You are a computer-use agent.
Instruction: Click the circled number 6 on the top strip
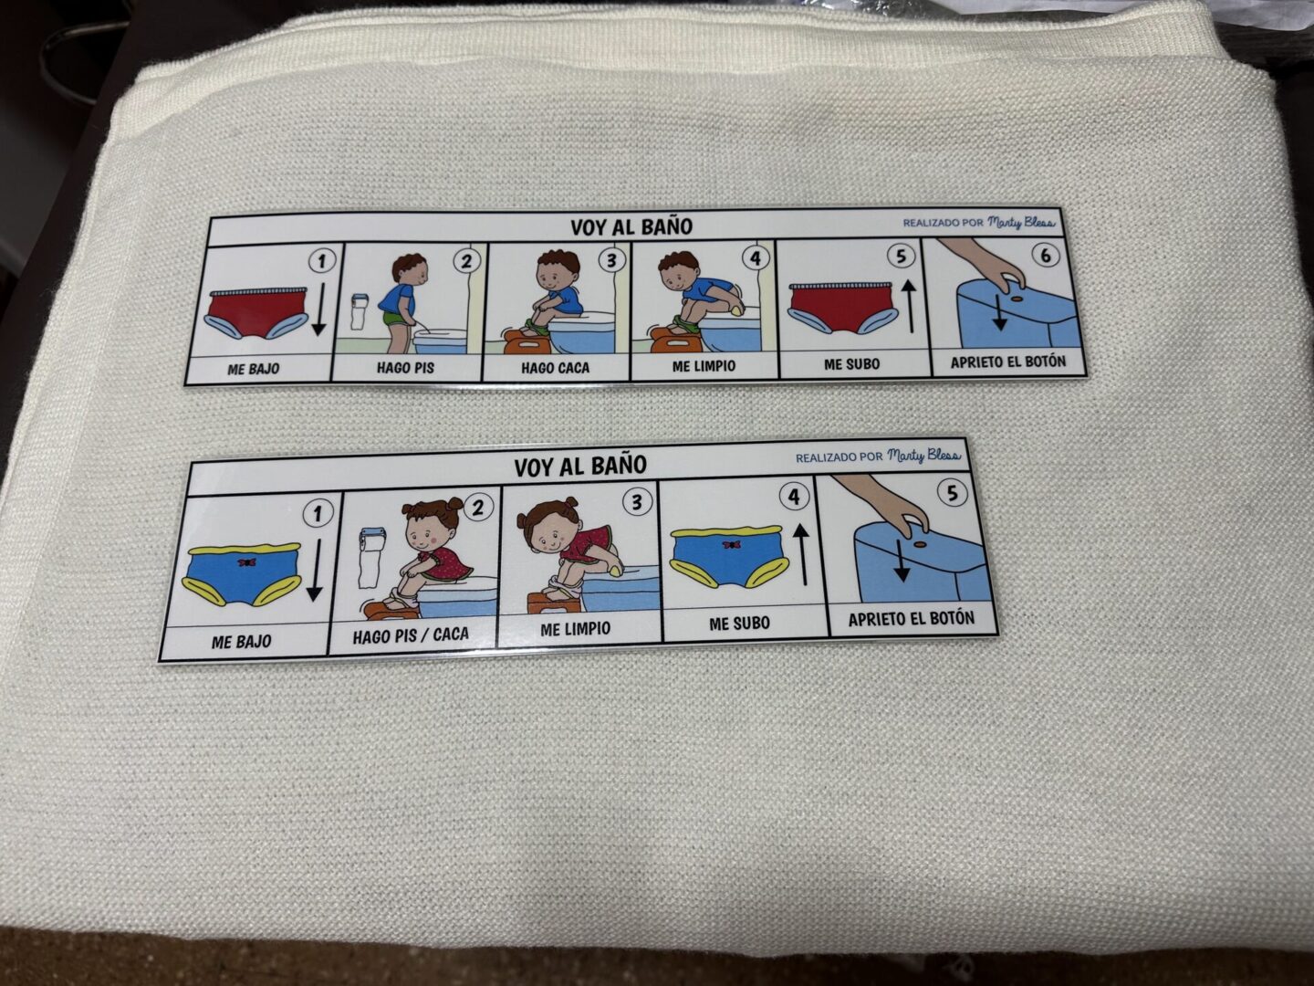1045,256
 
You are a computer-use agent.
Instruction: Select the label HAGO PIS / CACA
411,635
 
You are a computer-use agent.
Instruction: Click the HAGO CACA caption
555,368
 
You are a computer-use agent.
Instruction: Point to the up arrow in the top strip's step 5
911,307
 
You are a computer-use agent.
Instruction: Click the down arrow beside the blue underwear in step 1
314,570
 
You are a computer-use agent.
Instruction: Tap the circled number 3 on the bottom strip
637,502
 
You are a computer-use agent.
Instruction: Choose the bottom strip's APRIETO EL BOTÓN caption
911,619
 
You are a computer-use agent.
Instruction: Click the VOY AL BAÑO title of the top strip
631,227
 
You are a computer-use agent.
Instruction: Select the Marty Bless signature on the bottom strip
923,456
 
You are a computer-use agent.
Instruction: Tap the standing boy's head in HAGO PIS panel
410,267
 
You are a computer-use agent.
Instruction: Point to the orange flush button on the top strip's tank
1017,299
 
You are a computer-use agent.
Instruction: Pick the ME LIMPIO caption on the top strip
704,366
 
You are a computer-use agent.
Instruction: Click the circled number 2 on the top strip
466,261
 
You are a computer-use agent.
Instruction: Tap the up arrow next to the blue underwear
803,555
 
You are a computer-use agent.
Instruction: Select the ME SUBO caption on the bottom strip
739,624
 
